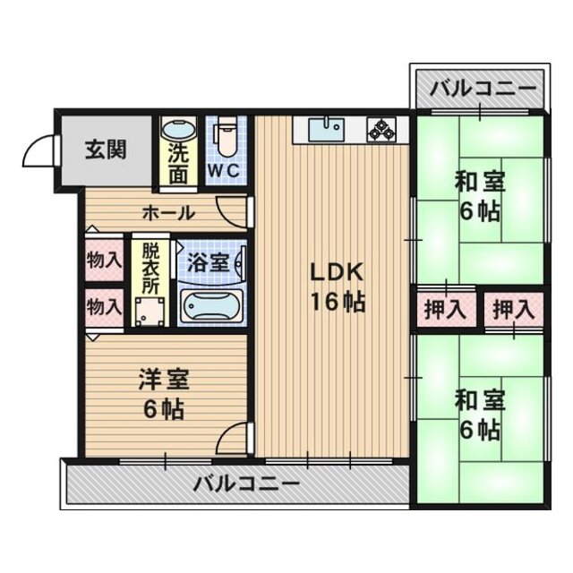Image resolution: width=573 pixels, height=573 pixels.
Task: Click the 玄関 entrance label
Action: click(x=106, y=149)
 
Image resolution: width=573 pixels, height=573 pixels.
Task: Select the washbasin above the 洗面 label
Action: click(x=180, y=132)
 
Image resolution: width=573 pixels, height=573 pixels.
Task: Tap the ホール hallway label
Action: click(x=167, y=213)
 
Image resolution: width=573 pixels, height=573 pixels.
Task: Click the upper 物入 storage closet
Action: click(x=104, y=260)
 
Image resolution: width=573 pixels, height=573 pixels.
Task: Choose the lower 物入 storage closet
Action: click(x=104, y=305)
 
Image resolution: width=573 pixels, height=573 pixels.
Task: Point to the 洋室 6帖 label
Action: click(x=161, y=394)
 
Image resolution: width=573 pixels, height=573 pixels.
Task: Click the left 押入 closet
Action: click(x=444, y=310)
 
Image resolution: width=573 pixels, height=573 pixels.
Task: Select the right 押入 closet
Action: click(x=513, y=310)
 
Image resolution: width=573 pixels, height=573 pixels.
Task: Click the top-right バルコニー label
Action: click(x=482, y=89)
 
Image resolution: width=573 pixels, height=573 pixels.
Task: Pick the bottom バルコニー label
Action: click(x=245, y=485)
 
